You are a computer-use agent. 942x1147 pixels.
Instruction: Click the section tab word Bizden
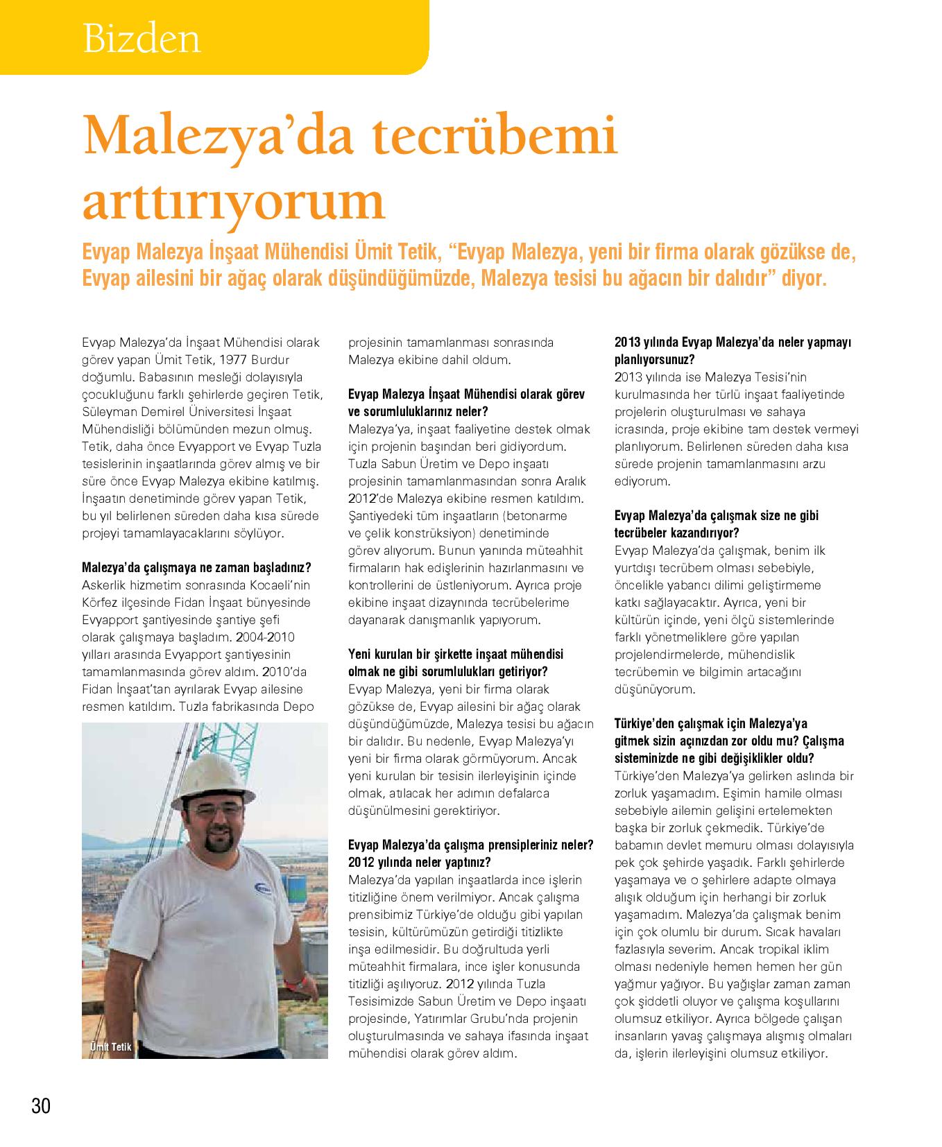[142, 39]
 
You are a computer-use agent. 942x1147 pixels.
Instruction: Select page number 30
[41, 1105]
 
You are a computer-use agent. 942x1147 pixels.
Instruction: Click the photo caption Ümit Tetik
[110, 1046]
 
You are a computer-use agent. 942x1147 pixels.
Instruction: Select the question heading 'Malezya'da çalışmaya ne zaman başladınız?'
[196, 567]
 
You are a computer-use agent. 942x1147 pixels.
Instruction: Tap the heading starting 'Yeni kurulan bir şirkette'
[455, 654]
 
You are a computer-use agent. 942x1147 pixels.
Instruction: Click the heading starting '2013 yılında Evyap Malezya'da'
[733, 343]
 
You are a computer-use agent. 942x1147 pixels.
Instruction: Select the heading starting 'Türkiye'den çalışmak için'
[710, 723]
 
